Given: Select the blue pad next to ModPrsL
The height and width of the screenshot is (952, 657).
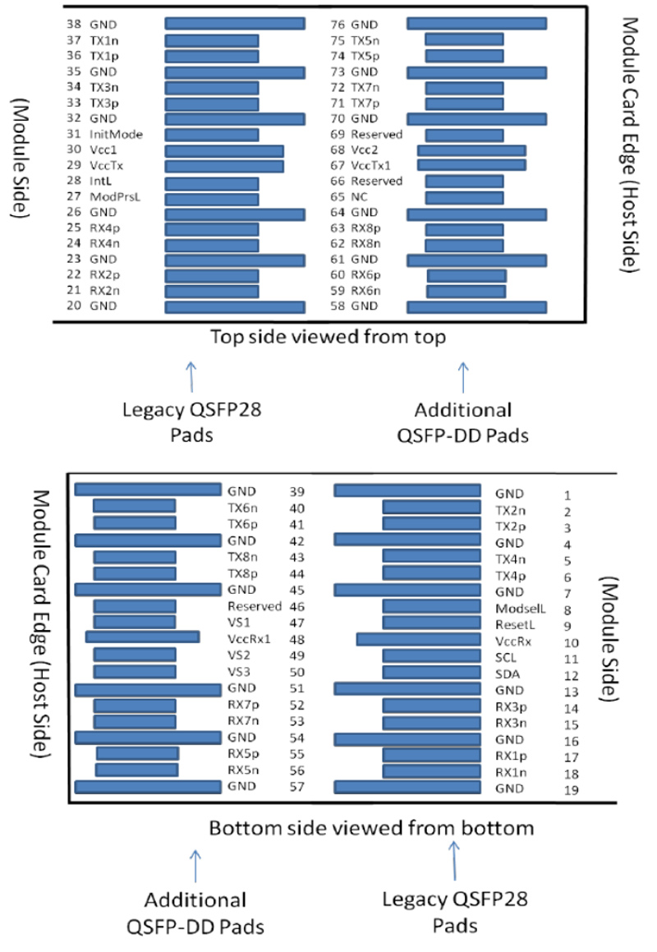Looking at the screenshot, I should tap(212, 198).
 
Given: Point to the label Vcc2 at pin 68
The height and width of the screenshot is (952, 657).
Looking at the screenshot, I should tap(364, 150).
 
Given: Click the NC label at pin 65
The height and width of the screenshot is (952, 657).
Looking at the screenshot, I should tap(359, 198).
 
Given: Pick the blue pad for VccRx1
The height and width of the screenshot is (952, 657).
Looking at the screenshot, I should tap(142, 637).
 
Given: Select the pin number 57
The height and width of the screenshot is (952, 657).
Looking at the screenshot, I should tap(297, 786).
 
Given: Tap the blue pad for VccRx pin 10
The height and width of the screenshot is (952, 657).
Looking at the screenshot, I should tap(418, 639).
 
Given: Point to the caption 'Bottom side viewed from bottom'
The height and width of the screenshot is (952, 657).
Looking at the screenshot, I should tap(371, 827).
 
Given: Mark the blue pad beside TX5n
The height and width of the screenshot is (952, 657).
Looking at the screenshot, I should tap(464, 40).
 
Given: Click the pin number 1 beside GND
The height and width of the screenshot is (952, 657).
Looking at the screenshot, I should tap(567, 495).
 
